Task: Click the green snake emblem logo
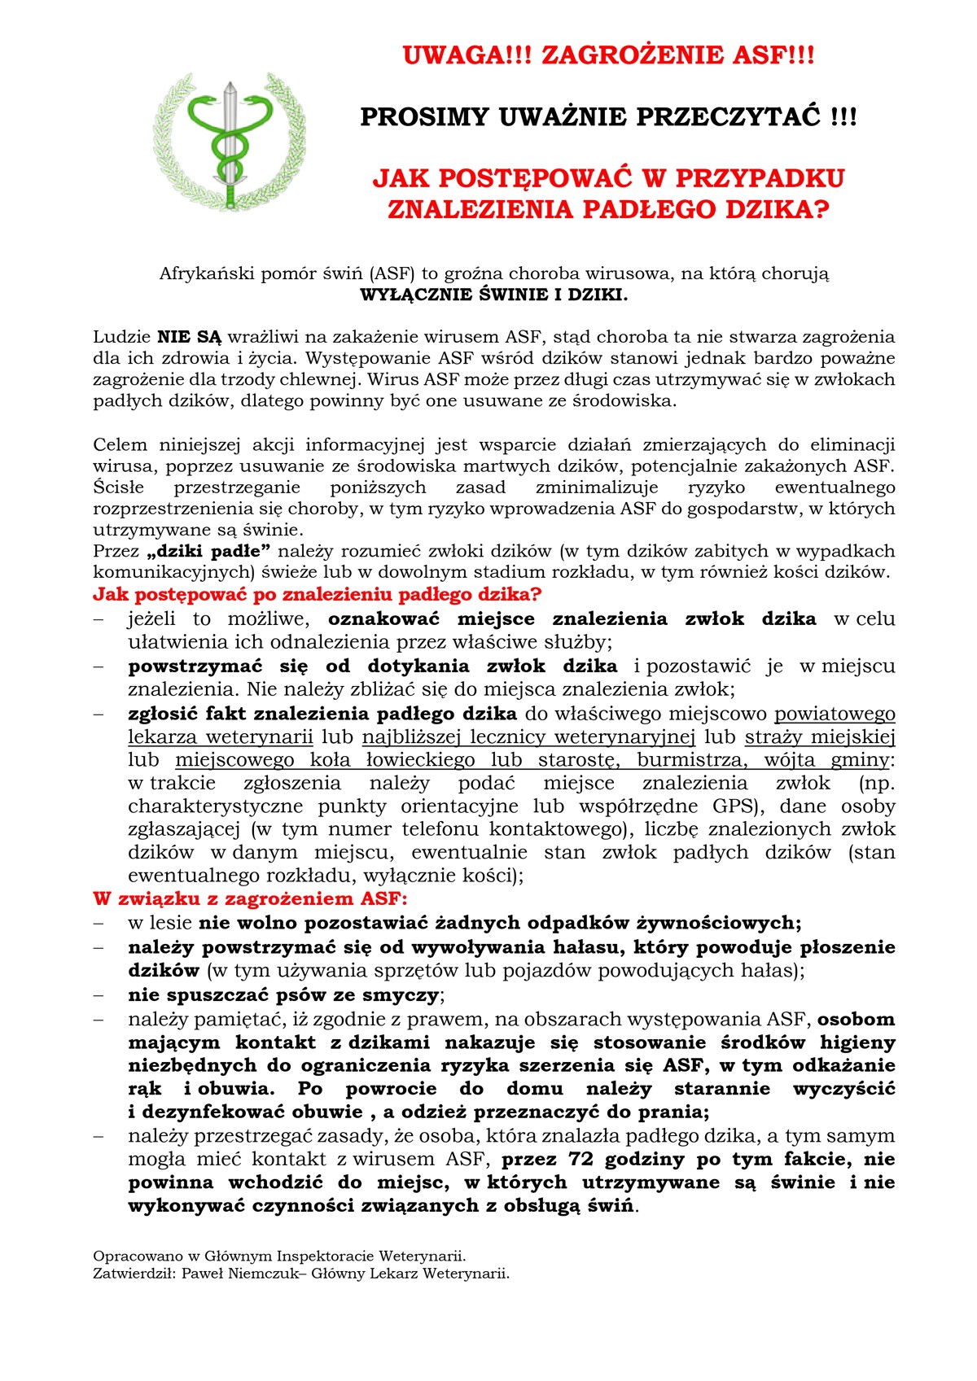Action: tap(230, 140)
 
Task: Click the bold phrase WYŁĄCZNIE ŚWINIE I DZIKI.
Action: tap(494, 295)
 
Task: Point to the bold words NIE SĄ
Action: tap(189, 337)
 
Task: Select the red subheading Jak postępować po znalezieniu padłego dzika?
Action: tap(318, 594)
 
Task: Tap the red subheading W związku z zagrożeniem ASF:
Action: tap(250, 899)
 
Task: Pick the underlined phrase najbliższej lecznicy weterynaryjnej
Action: tap(528, 737)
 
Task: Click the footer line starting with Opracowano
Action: tap(279, 1256)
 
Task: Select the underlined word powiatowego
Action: tap(835, 714)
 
